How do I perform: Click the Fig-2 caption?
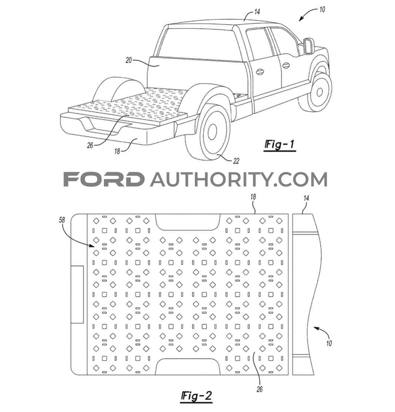click(x=197, y=396)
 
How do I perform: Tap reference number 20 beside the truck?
click(x=129, y=60)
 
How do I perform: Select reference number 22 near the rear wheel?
click(x=236, y=161)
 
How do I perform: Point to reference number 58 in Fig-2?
click(x=62, y=220)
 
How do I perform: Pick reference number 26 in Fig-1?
click(x=90, y=145)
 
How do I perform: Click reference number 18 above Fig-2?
click(x=253, y=197)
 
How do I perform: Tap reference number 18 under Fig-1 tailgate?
click(x=117, y=151)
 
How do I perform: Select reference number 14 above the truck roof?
click(x=257, y=12)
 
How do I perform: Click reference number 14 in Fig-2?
click(x=306, y=198)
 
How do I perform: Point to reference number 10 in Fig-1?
click(x=322, y=10)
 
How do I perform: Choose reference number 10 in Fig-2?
click(x=329, y=343)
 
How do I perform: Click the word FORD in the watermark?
click(x=104, y=179)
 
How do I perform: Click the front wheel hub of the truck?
click(x=320, y=92)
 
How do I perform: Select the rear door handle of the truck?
click(x=260, y=71)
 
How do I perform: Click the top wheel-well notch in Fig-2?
click(x=188, y=222)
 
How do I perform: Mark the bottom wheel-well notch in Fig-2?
click(x=188, y=367)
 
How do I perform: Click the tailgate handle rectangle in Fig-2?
click(x=77, y=294)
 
